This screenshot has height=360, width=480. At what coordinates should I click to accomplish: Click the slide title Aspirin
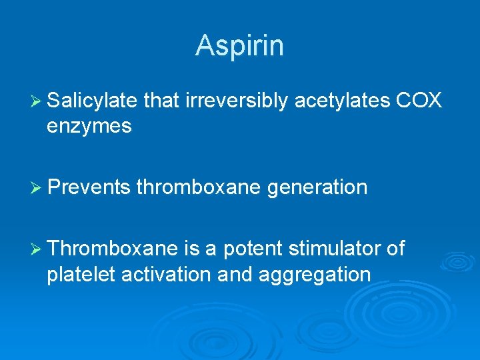click(x=239, y=45)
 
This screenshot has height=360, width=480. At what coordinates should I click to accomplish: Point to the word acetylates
click(x=342, y=101)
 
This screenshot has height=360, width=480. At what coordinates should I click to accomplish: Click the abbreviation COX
click(x=419, y=101)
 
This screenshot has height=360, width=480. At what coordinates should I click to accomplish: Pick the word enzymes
click(x=89, y=126)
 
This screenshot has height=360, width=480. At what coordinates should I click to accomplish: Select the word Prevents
click(x=89, y=187)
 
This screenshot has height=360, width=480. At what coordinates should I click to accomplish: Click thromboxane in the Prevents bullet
click(x=198, y=187)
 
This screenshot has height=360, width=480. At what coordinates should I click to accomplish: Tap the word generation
click(x=317, y=187)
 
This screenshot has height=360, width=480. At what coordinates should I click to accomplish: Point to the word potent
click(x=253, y=249)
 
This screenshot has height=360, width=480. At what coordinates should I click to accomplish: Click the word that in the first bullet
click(x=161, y=101)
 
